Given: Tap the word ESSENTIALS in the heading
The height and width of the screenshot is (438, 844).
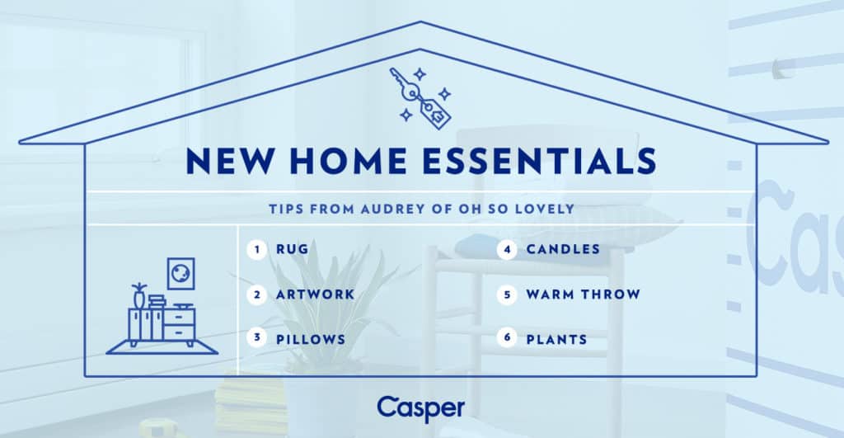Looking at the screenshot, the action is pos(540,161).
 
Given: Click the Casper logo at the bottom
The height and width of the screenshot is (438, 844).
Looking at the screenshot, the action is pos(421,409).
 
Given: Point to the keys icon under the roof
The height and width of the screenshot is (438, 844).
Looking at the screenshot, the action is pos(420,97).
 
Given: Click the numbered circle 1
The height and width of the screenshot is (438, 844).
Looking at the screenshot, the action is pos(257,249).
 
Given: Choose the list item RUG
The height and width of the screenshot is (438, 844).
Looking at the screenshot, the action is pos(293,249).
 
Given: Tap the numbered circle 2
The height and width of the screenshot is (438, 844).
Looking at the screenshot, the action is pos(257,294).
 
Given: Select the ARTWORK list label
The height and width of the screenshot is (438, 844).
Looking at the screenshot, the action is pos(316,294).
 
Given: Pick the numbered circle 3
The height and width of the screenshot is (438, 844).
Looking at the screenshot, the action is pos(257,338).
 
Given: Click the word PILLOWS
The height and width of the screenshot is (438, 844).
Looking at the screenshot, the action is pos(311,339).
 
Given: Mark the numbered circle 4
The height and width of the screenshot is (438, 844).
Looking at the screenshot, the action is pos(507,249).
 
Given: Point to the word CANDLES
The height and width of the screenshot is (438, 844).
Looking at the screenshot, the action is pos(563,249).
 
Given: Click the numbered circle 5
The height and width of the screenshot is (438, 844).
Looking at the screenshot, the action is pos(507,294).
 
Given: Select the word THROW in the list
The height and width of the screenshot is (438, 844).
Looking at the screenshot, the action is pos(613,294).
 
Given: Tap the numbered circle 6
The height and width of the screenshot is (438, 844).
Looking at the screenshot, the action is pos(507,338).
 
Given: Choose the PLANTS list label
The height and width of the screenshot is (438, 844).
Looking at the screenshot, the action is pos(556,339).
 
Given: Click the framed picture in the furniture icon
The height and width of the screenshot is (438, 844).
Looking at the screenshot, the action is pos(181,274).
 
